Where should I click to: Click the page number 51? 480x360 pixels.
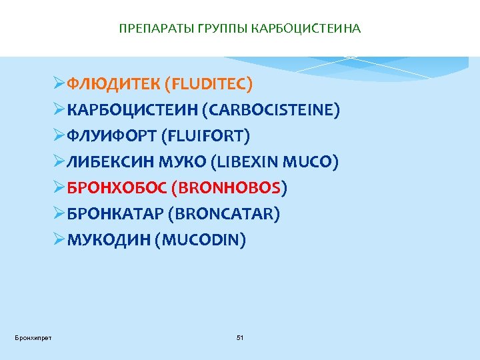[240, 338]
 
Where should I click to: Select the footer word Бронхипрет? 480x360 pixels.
[33, 338]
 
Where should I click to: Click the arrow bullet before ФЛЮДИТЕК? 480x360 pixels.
[59, 85]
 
